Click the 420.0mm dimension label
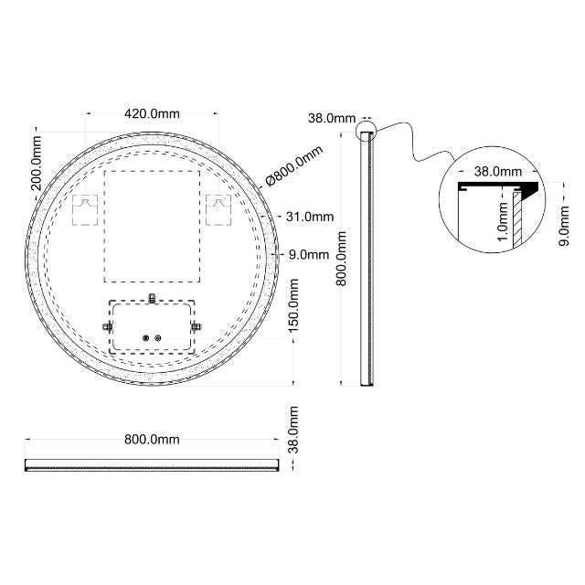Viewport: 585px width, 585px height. (152, 113)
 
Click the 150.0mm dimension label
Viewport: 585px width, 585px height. (294, 311)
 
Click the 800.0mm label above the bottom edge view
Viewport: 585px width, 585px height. (152, 440)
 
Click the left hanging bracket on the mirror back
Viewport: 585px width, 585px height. (84, 208)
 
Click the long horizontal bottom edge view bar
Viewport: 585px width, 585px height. (152, 464)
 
